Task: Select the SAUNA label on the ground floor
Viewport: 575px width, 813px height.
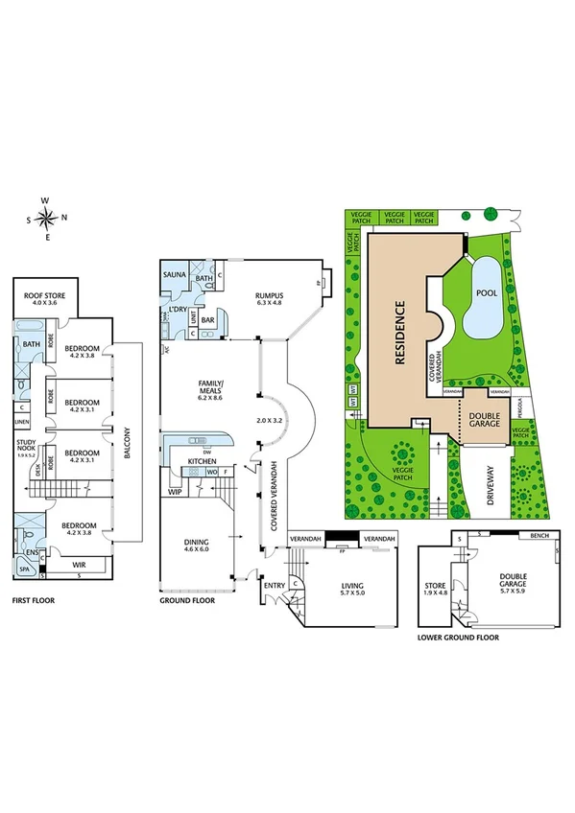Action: pos(174,274)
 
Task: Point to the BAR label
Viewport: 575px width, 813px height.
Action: pos(207,321)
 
